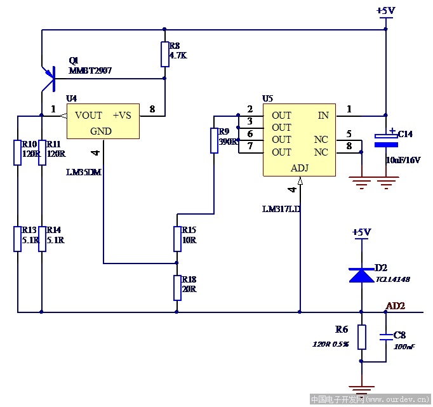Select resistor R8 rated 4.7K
coord(165,55)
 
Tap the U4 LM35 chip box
coord(103,123)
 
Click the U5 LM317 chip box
coord(300,141)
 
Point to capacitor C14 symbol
coord(385,140)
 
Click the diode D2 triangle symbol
coord(361,274)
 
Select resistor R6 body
coord(361,337)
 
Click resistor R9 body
coord(215,140)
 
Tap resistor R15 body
coord(177,239)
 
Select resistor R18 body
coord(177,288)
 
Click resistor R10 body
coord(18,153)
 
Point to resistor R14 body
coord(42,239)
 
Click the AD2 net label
coord(395,306)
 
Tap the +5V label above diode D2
coord(361,232)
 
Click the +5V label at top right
coord(385,11)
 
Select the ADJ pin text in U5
coord(300,168)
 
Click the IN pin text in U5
coord(323,116)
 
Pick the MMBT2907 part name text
coord(90,70)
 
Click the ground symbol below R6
coord(361,388)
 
